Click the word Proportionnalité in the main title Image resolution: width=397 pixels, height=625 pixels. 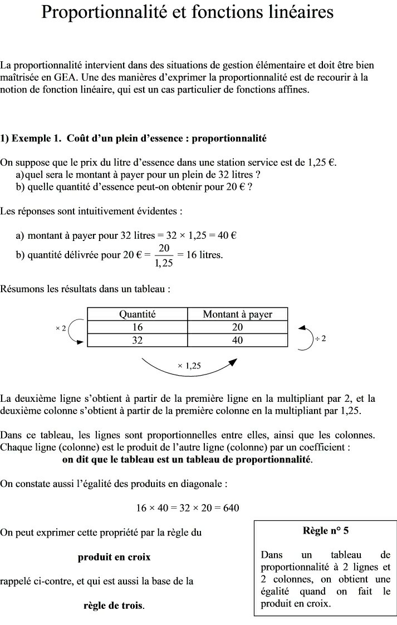(x=106, y=12)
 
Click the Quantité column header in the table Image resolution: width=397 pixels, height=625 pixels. (x=138, y=314)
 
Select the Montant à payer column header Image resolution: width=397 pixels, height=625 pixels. (x=237, y=314)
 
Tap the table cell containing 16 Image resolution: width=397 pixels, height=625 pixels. (x=138, y=327)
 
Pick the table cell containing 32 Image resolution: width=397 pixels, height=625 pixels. (x=138, y=340)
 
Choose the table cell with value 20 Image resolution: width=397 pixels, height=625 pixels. (x=237, y=327)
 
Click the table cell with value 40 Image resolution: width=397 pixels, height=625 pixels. (x=237, y=340)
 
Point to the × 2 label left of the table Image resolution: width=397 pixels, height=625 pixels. (x=61, y=328)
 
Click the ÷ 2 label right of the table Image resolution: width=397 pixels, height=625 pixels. (x=320, y=338)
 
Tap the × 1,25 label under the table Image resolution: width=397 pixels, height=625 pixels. (x=189, y=366)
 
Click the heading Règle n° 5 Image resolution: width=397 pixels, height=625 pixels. (x=326, y=530)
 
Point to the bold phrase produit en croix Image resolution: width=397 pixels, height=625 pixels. (x=114, y=557)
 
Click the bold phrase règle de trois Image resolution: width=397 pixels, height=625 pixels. (x=114, y=605)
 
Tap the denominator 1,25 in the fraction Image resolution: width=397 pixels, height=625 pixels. (x=164, y=263)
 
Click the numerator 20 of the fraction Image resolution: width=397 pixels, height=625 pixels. (x=164, y=248)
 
